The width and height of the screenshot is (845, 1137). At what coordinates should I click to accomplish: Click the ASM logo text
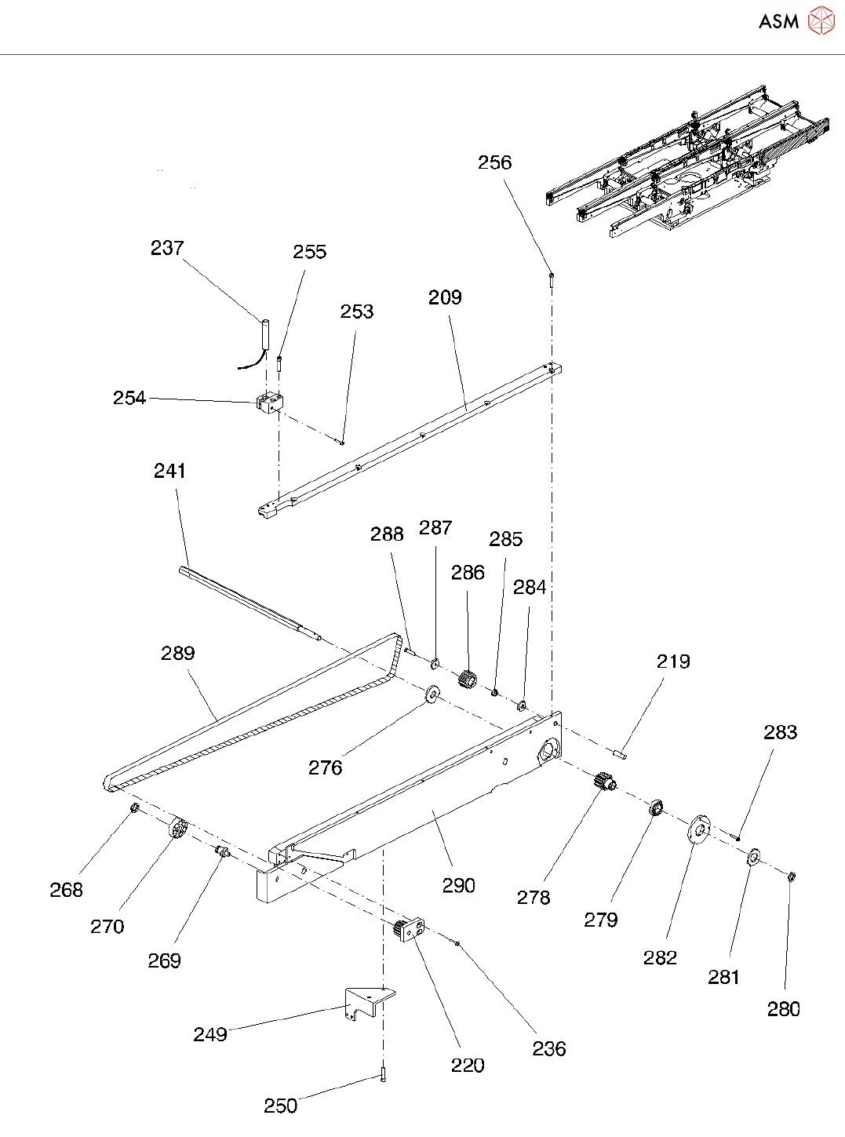(778, 21)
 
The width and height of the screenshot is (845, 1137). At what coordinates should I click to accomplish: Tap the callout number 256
(495, 162)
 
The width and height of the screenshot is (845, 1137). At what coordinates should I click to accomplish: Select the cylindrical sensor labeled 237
(265, 334)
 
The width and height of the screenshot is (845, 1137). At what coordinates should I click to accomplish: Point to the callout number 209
(445, 297)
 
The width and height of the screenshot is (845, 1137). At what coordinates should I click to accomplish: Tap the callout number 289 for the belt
(178, 653)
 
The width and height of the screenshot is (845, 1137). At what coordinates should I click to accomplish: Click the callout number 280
(784, 1009)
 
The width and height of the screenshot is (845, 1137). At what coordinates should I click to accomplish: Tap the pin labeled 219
(620, 754)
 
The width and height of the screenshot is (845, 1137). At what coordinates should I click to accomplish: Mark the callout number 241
(169, 471)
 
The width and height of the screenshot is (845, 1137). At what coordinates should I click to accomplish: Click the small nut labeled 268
(135, 808)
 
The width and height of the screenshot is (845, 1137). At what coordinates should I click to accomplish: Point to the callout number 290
(459, 885)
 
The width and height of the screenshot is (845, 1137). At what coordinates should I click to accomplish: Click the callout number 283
(781, 733)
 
